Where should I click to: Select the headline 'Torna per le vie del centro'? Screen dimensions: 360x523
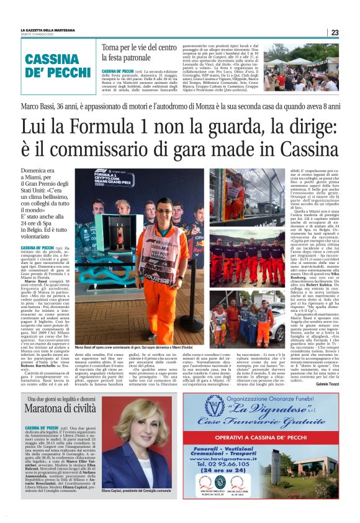coord(140,47)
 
